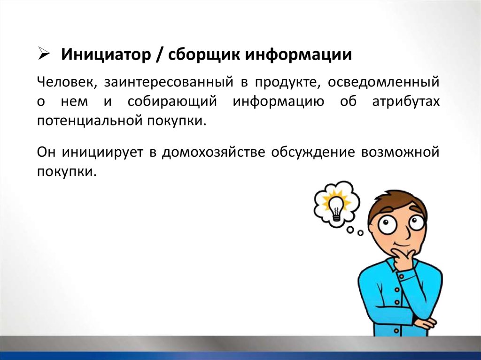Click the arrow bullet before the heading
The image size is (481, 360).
point(44,54)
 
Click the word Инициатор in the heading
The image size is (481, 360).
point(106,55)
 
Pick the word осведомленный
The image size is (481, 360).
point(383,83)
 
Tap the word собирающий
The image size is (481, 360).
point(172,102)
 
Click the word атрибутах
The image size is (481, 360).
point(406,102)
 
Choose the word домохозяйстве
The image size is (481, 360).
point(213,153)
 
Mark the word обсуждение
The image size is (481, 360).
point(312,153)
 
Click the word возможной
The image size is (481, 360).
point(400,153)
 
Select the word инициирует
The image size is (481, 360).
point(102,153)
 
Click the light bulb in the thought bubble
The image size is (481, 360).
point(336,206)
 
